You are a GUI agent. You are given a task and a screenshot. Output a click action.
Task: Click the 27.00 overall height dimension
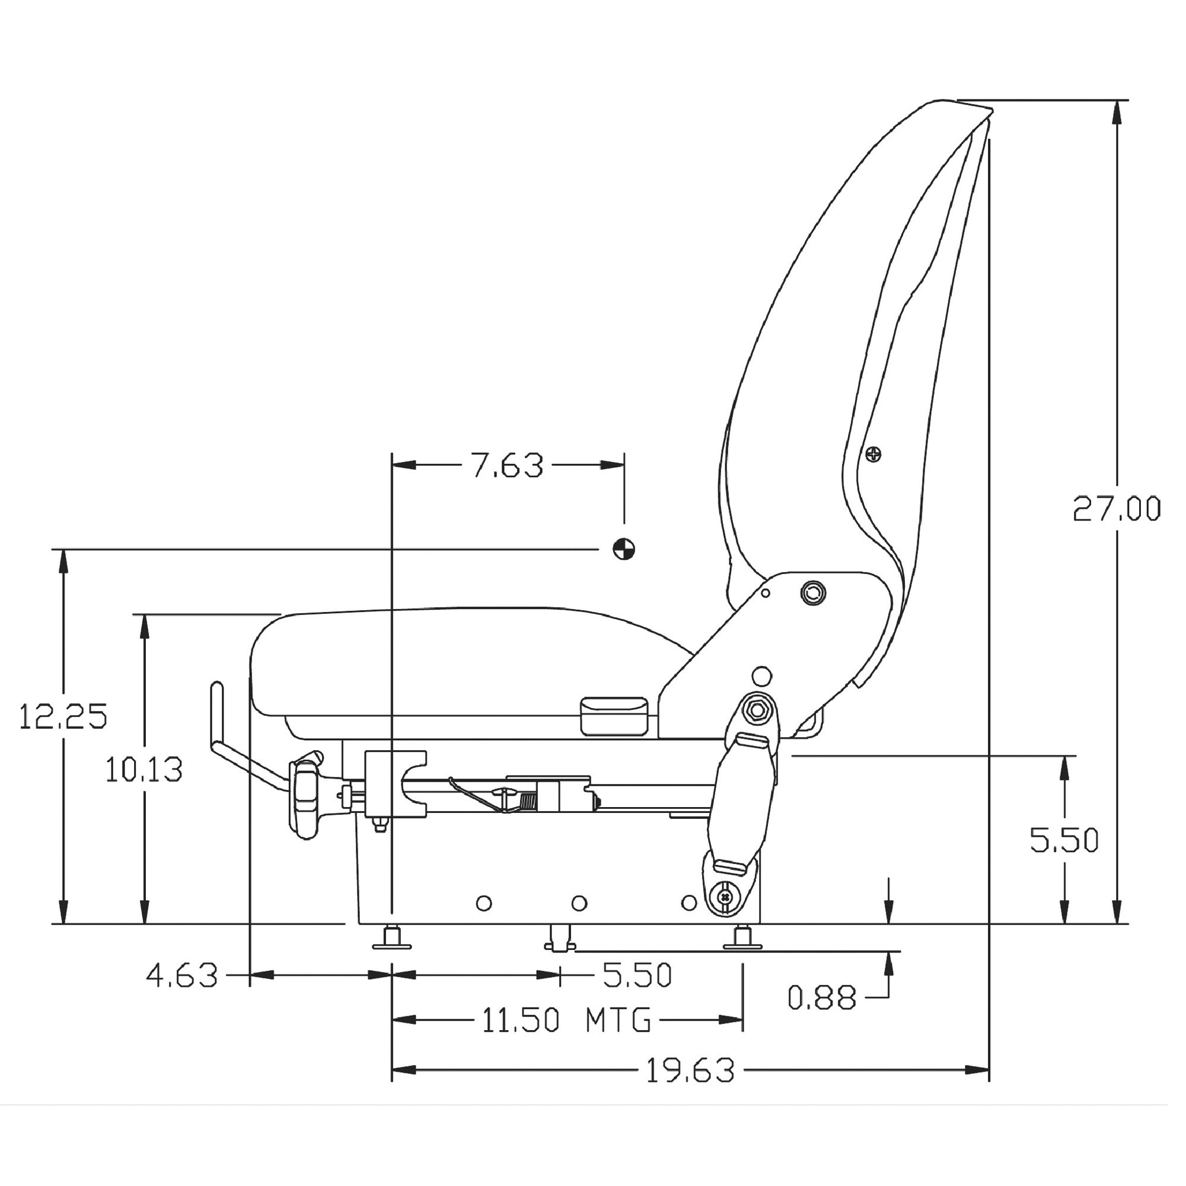tap(1117, 508)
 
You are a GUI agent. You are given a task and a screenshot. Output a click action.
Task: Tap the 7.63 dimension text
tap(507, 466)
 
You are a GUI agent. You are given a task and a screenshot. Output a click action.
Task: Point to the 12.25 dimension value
tap(63, 716)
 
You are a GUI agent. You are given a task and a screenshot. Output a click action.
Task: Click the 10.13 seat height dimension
tap(144, 770)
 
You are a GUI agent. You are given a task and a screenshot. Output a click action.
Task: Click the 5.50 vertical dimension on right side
tap(1064, 840)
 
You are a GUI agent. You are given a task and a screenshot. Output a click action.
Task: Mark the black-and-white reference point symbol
tap(624, 548)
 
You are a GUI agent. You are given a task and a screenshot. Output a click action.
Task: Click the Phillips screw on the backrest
tap(873, 454)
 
